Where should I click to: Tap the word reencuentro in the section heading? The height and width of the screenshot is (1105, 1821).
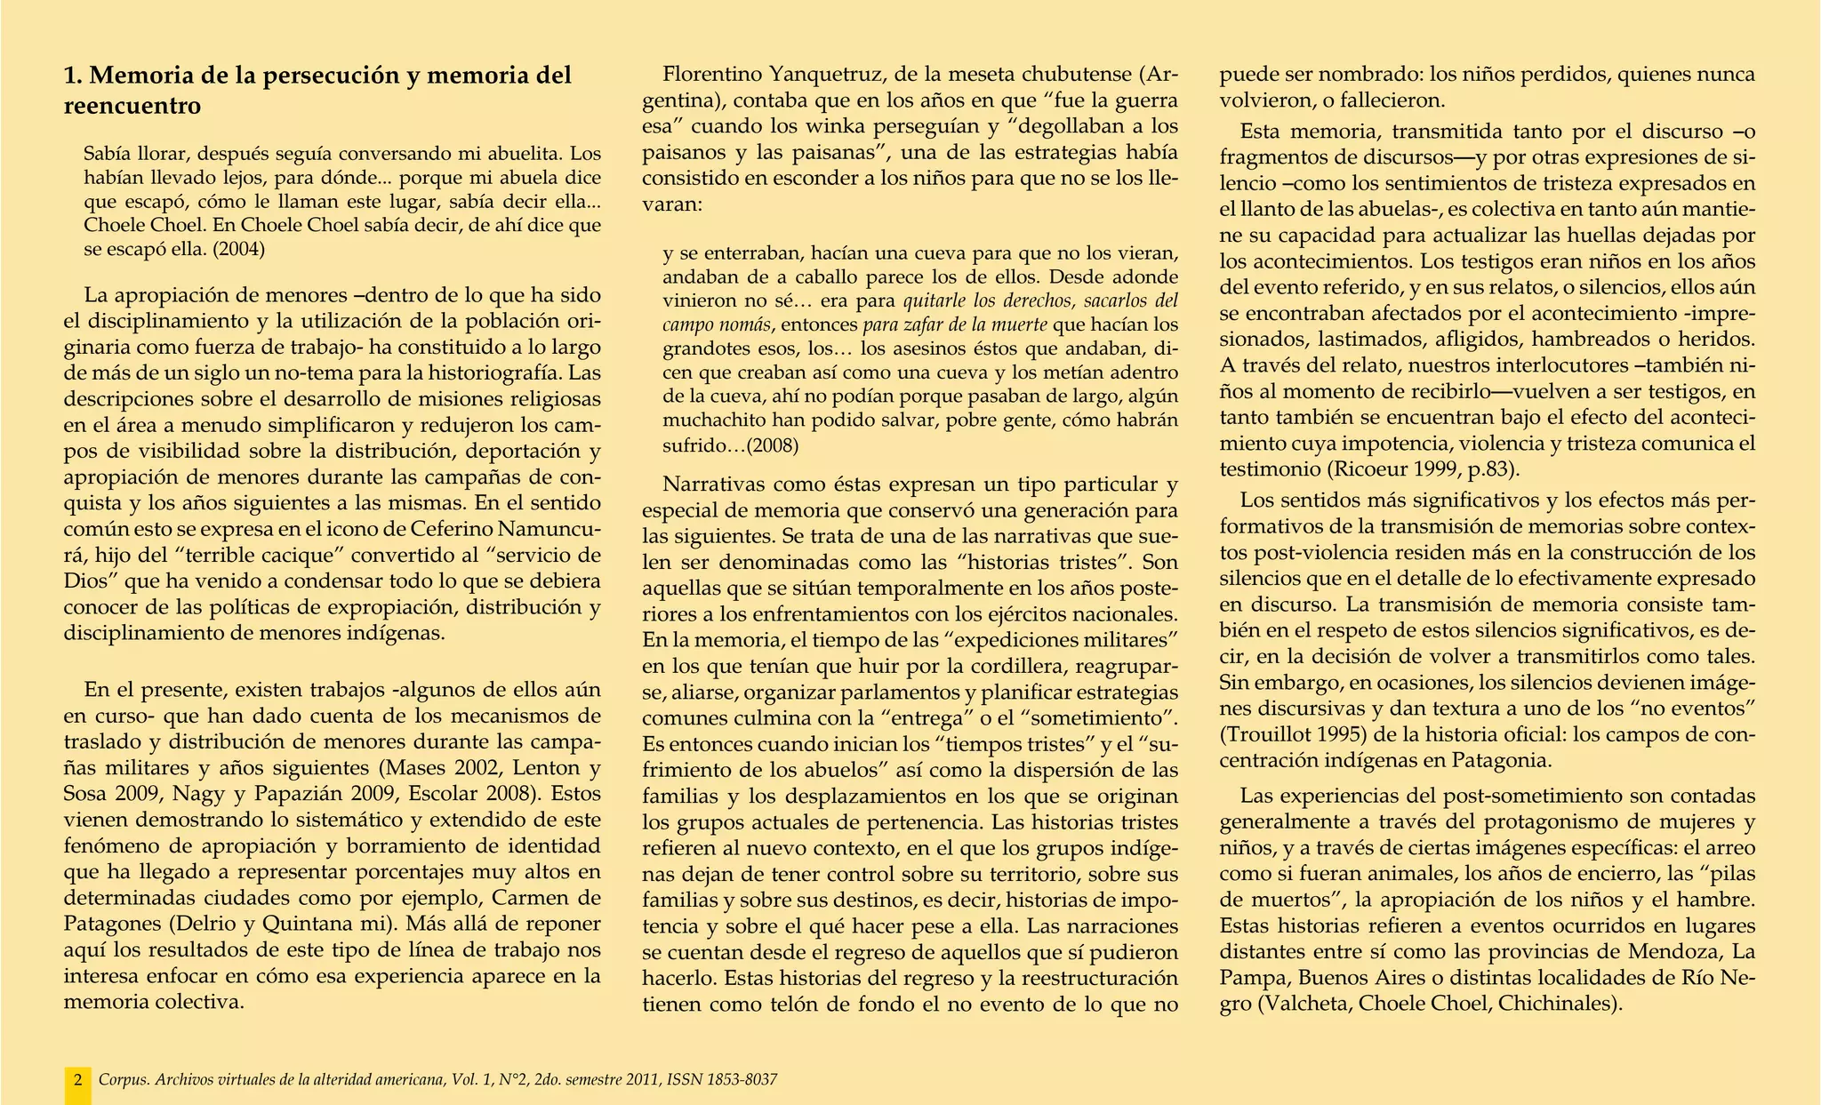(132, 107)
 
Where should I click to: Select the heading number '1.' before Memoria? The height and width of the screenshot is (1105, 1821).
(74, 76)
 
